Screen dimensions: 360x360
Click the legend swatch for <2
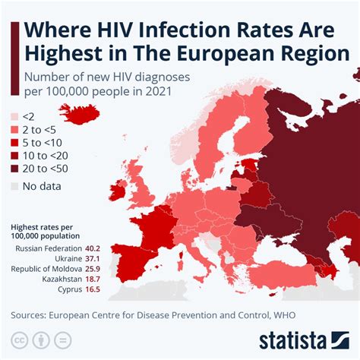tap(13, 116)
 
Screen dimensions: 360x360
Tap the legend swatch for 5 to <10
tap(13, 143)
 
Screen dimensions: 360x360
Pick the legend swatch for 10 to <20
tap(13, 156)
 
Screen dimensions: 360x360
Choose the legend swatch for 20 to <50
tap(13, 169)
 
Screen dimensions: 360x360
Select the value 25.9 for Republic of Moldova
tap(93, 269)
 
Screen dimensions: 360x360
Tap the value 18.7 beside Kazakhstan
tap(93, 279)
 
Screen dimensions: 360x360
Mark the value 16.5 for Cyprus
tap(93, 290)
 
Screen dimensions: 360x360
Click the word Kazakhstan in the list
tap(58, 279)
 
